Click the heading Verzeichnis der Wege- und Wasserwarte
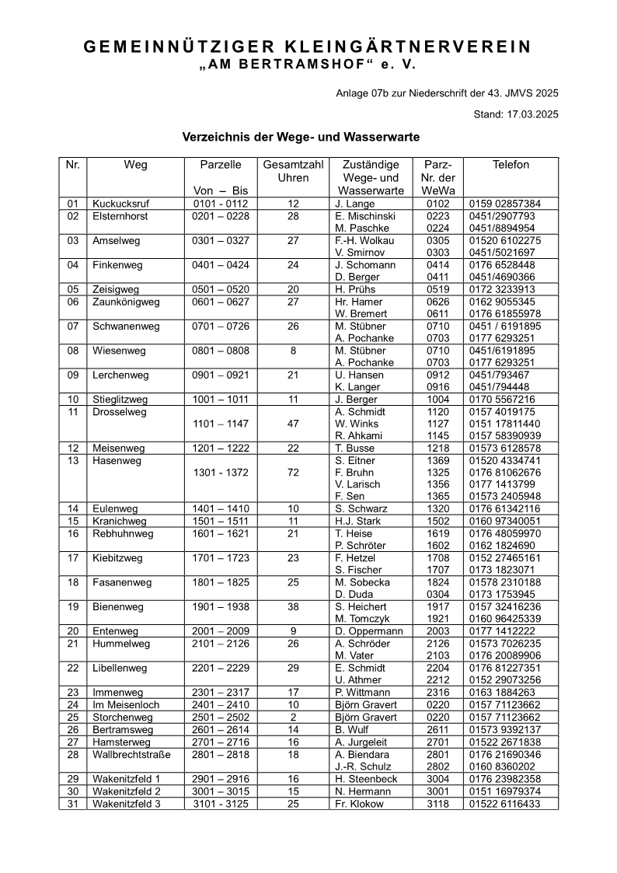[x=301, y=137]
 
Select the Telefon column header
[x=511, y=165]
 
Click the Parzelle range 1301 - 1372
[x=221, y=472]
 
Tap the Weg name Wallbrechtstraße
[x=128, y=754]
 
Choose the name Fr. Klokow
[x=359, y=804]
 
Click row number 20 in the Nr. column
[x=73, y=631]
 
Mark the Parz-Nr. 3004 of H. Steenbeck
[x=437, y=779]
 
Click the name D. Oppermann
[x=369, y=631]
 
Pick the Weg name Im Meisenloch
[x=126, y=704]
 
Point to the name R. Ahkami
[x=358, y=435]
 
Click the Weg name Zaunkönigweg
[x=126, y=302]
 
